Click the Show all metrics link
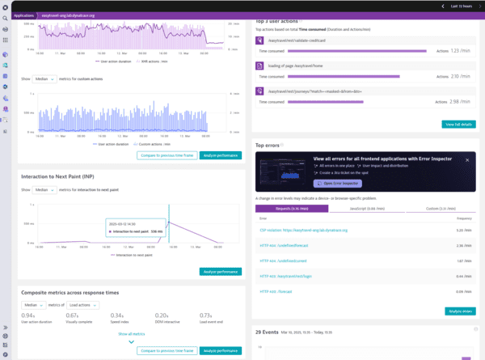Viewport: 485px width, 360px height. pos(132,333)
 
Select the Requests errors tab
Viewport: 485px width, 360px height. pos(292,208)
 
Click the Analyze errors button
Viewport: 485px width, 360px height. pos(460,311)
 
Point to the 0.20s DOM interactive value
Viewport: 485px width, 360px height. pos(162,315)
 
